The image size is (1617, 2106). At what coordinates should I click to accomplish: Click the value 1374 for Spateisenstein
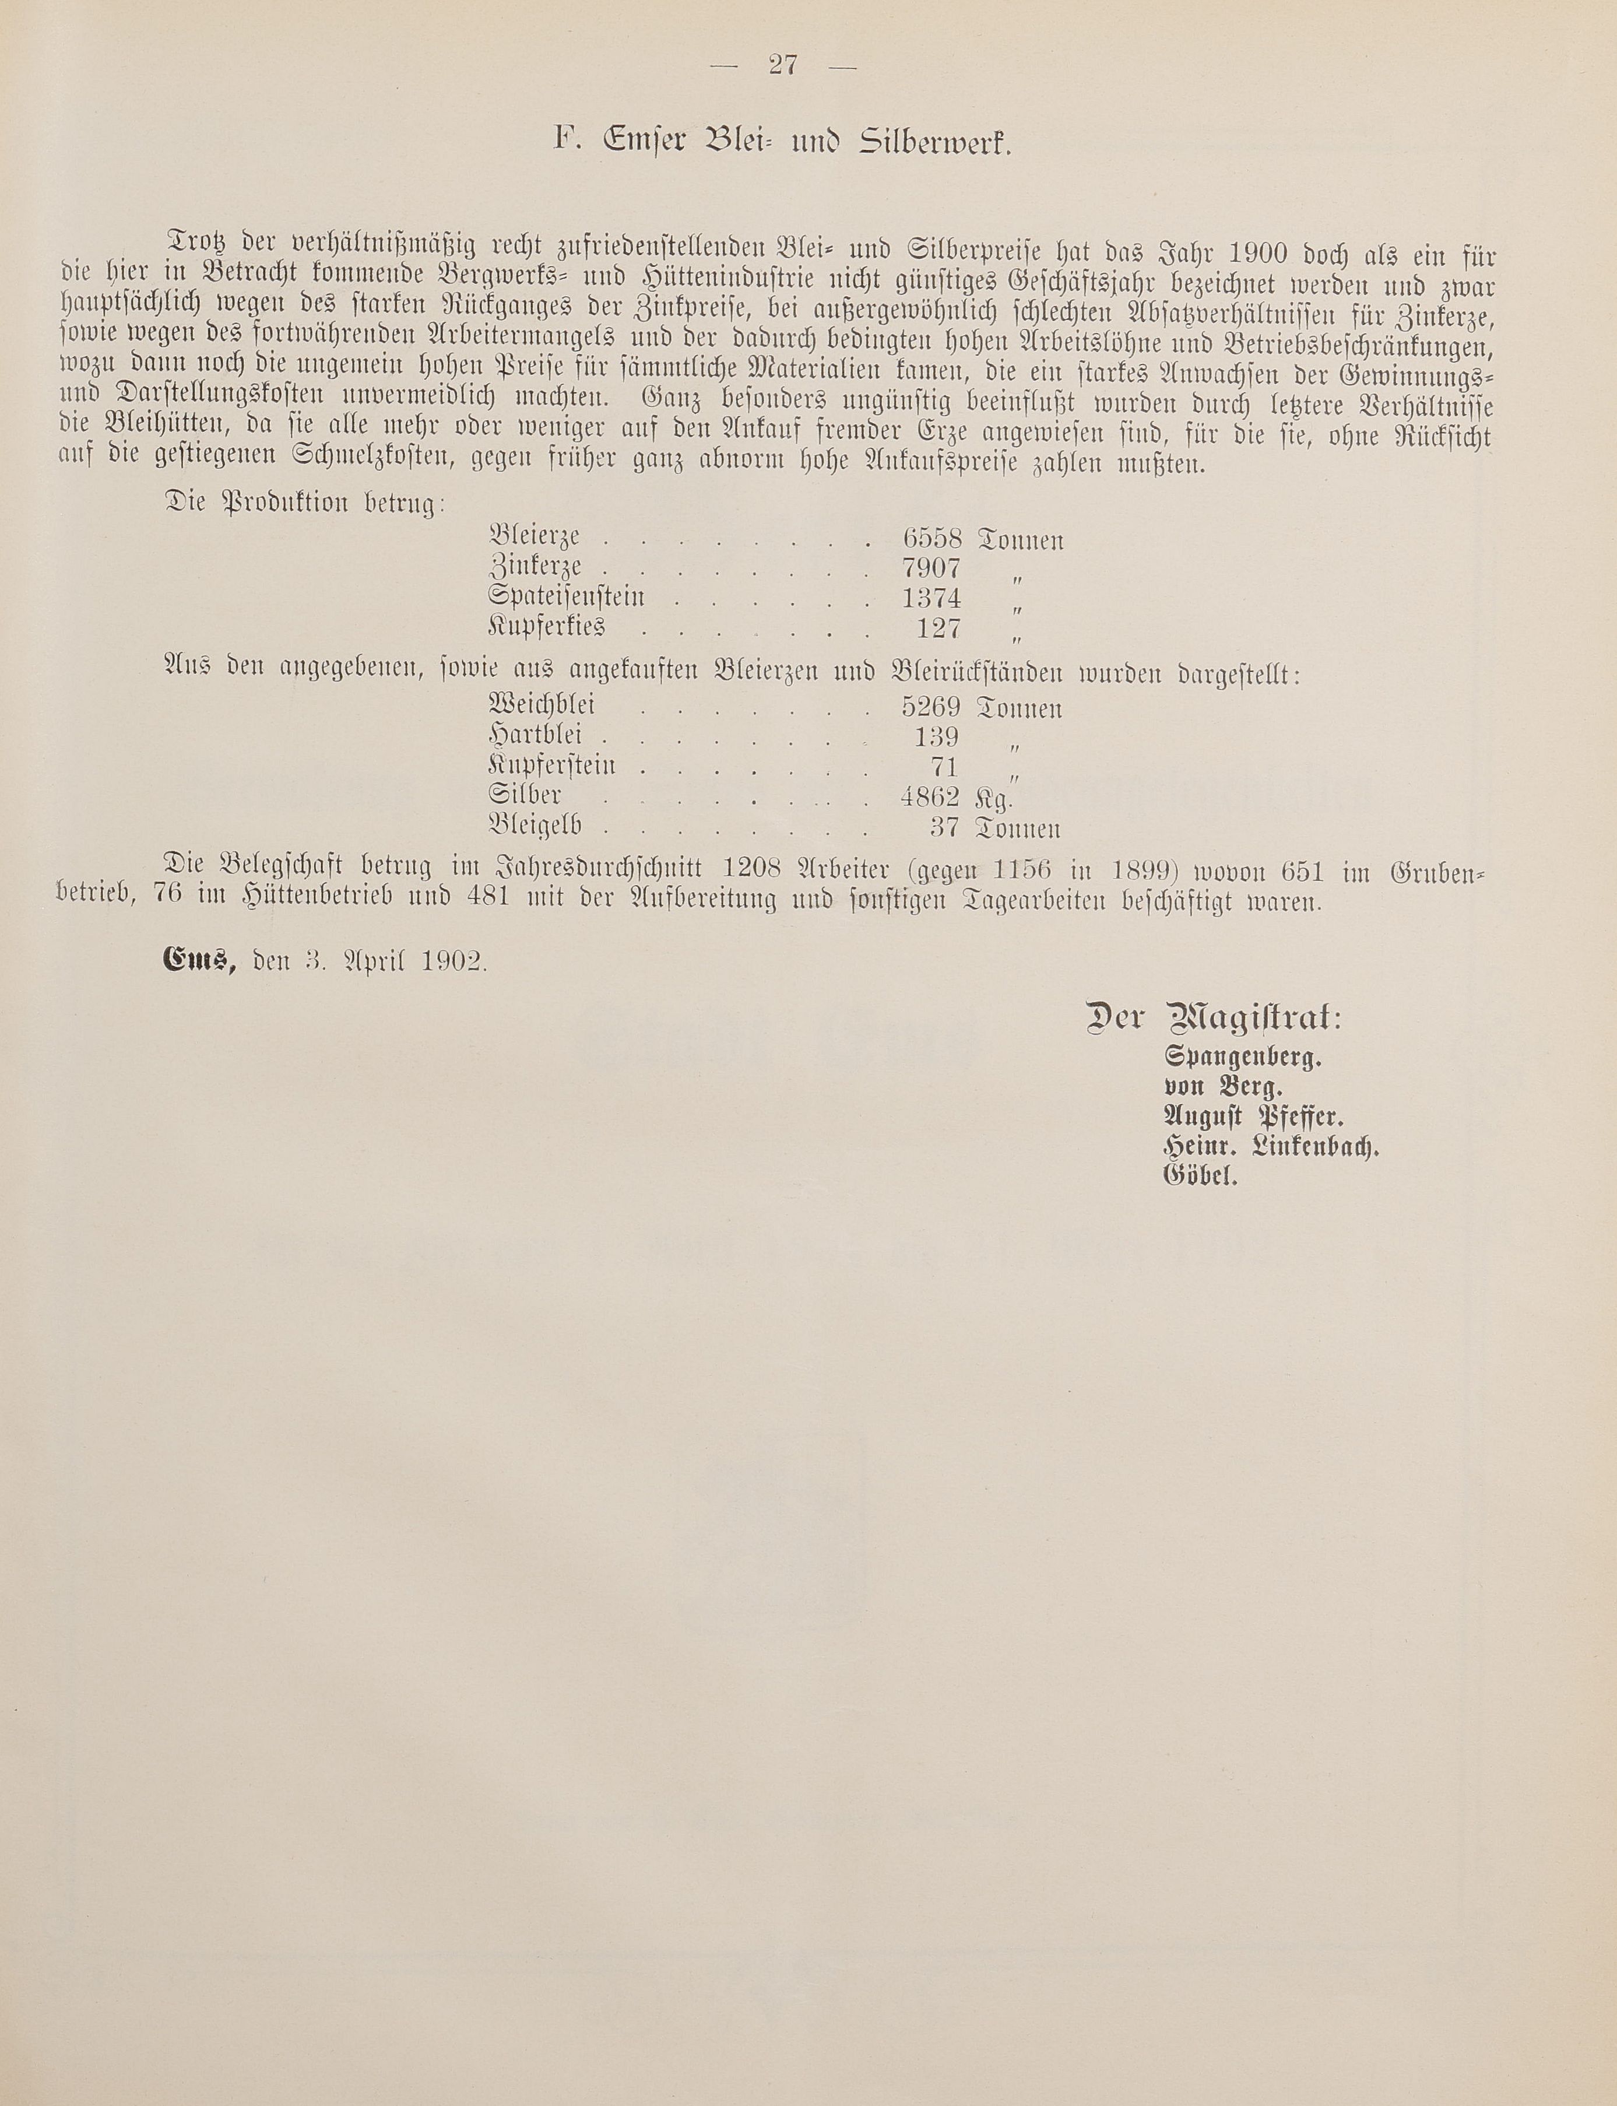click(x=931, y=598)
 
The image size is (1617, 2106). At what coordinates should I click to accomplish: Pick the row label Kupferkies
click(x=547, y=627)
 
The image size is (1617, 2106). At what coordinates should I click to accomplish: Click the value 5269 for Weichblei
click(x=931, y=707)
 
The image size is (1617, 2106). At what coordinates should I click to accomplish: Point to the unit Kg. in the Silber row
click(x=995, y=798)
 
